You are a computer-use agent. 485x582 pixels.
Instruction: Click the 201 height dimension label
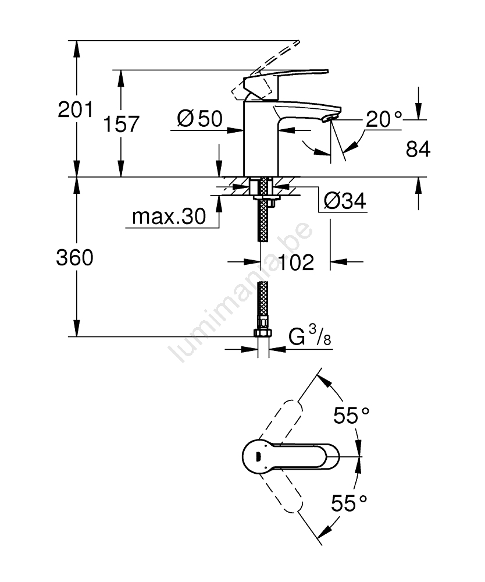(76, 110)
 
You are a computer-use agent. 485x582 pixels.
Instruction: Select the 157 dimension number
(121, 123)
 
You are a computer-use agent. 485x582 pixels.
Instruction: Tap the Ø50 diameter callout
(200, 119)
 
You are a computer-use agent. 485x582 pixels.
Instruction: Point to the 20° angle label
(384, 119)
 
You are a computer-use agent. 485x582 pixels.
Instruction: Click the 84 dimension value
(418, 149)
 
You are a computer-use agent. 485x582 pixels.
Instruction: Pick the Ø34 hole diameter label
(345, 201)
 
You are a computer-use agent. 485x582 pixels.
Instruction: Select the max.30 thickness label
(169, 217)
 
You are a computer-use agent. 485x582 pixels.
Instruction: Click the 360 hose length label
(74, 258)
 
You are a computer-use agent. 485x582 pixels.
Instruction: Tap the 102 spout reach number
(296, 262)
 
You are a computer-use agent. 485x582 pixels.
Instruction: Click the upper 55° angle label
(351, 416)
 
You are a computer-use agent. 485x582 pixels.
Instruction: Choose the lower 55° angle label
(349, 503)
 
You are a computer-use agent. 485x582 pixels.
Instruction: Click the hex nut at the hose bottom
(263, 332)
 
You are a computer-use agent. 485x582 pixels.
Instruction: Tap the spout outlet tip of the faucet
(332, 118)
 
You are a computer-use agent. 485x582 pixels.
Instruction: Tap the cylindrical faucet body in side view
(261, 139)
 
